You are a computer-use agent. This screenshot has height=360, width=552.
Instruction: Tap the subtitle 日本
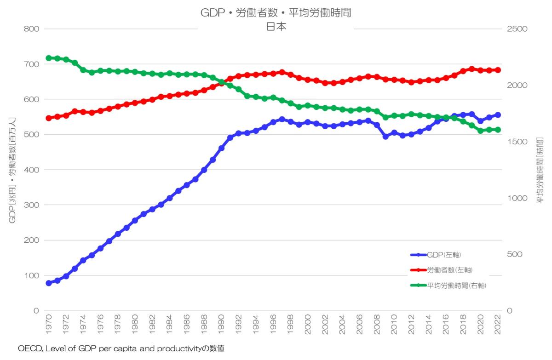tap(276, 27)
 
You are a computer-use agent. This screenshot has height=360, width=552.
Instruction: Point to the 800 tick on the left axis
tap(31, 29)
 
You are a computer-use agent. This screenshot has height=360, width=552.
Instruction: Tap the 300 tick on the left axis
tap(31, 205)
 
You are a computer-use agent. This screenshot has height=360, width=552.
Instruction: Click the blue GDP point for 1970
tap(48, 283)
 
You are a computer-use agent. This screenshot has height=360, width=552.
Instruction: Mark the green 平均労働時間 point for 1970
tap(48, 58)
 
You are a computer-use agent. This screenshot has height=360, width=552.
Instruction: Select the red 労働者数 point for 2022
tap(498, 70)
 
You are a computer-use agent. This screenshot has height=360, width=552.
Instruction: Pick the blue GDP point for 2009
tap(385, 137)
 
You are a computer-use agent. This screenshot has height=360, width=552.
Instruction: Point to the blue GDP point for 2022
tap(498, 115)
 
